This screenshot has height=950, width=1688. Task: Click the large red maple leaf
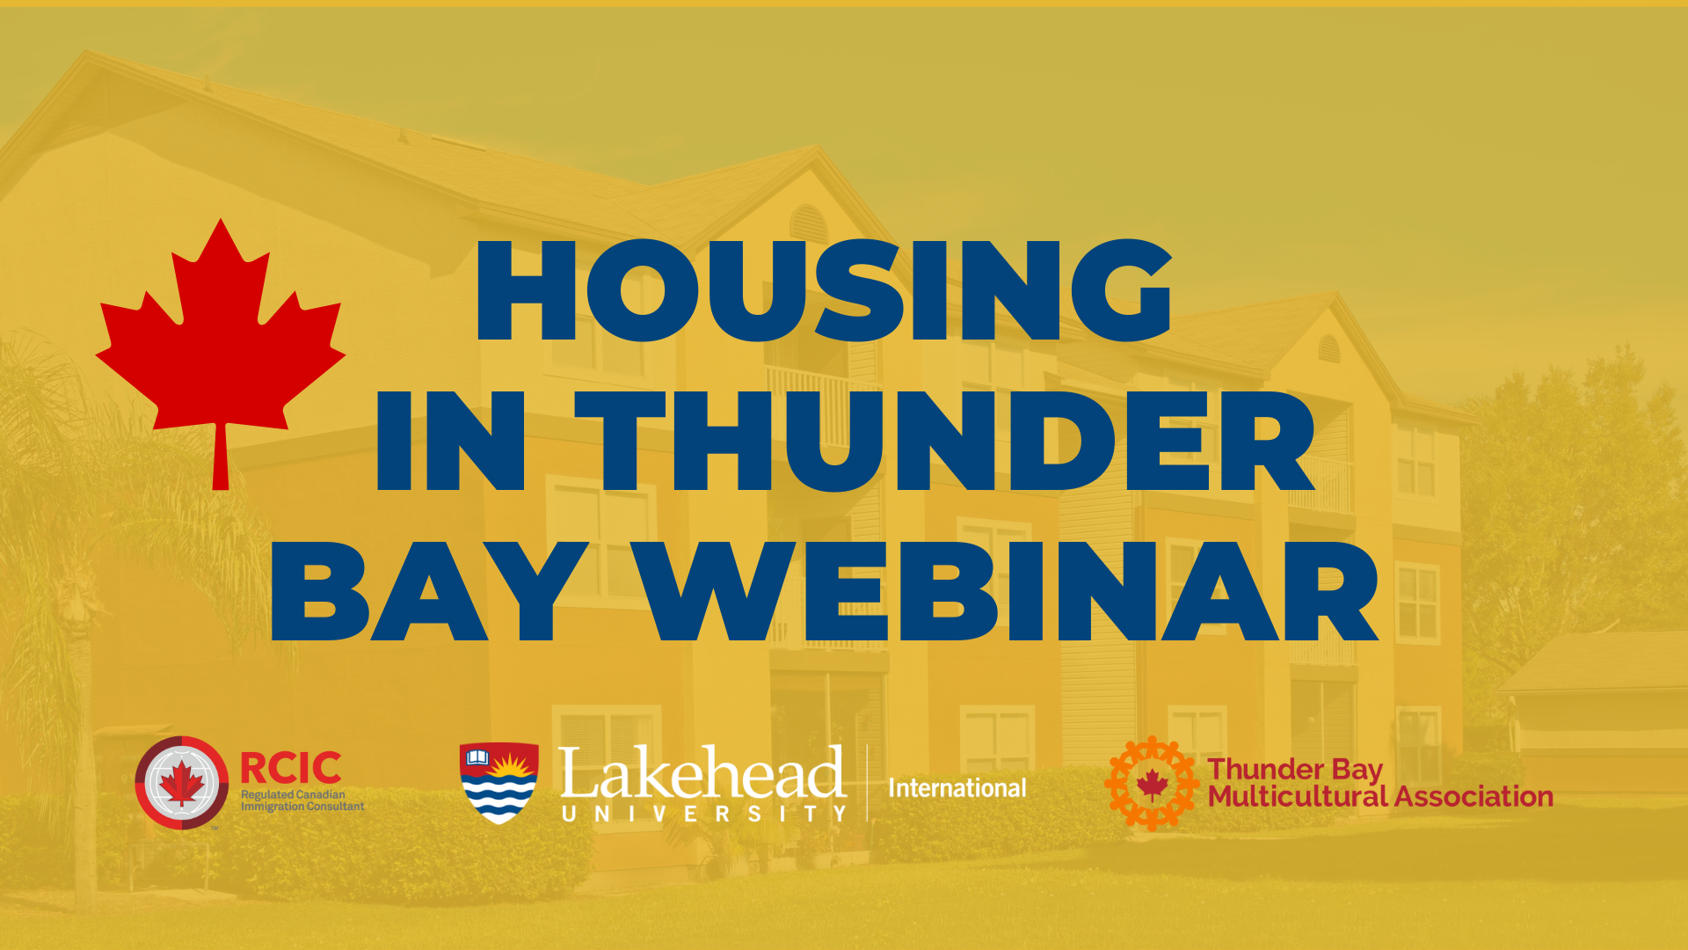(220, 343)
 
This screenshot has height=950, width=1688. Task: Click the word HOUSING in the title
(824, 290)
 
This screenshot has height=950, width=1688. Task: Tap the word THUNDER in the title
(945, 440)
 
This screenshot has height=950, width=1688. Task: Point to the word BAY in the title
(430, 590)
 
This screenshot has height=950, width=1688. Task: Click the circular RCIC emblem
(182, 783)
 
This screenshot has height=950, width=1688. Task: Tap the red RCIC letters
(291, 768)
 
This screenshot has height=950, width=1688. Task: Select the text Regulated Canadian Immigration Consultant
(302, 800)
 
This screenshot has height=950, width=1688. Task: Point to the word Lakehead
(702, 773)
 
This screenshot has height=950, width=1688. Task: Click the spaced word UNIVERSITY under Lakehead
(704, 815)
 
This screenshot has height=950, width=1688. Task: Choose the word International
(957, 788)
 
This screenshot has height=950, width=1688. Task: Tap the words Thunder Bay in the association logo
(1295, 771)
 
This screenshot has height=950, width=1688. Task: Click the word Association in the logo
(1474, 797)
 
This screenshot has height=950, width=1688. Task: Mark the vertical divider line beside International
(868, 783)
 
